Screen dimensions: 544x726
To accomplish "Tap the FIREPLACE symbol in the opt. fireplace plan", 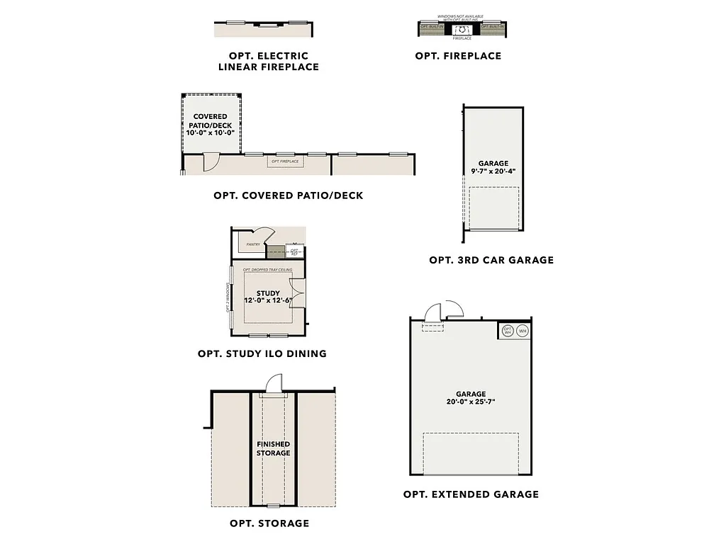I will point(462,29).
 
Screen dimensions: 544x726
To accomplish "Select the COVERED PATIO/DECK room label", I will point(210,125).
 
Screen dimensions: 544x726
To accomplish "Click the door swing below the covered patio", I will point(211,163).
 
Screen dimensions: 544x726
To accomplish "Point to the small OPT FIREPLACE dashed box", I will point(285,161).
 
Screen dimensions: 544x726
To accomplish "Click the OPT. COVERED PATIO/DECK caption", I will point(288,195).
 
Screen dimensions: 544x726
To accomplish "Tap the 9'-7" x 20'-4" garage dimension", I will point(493,171).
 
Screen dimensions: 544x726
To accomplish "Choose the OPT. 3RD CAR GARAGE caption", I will point(491,260).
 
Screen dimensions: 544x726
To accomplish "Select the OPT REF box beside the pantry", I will point(294,251).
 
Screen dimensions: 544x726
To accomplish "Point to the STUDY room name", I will point(268,293).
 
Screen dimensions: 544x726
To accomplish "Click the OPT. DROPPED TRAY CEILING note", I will point(268,271).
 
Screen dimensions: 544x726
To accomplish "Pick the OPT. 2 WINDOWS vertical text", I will point(228,297).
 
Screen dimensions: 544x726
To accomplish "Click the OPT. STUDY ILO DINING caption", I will point(262,353).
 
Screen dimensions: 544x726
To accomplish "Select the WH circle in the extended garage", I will point(523,331).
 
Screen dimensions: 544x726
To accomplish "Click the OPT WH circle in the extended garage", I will point(508,331).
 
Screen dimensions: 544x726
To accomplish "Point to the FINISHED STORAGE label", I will point(273,448).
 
